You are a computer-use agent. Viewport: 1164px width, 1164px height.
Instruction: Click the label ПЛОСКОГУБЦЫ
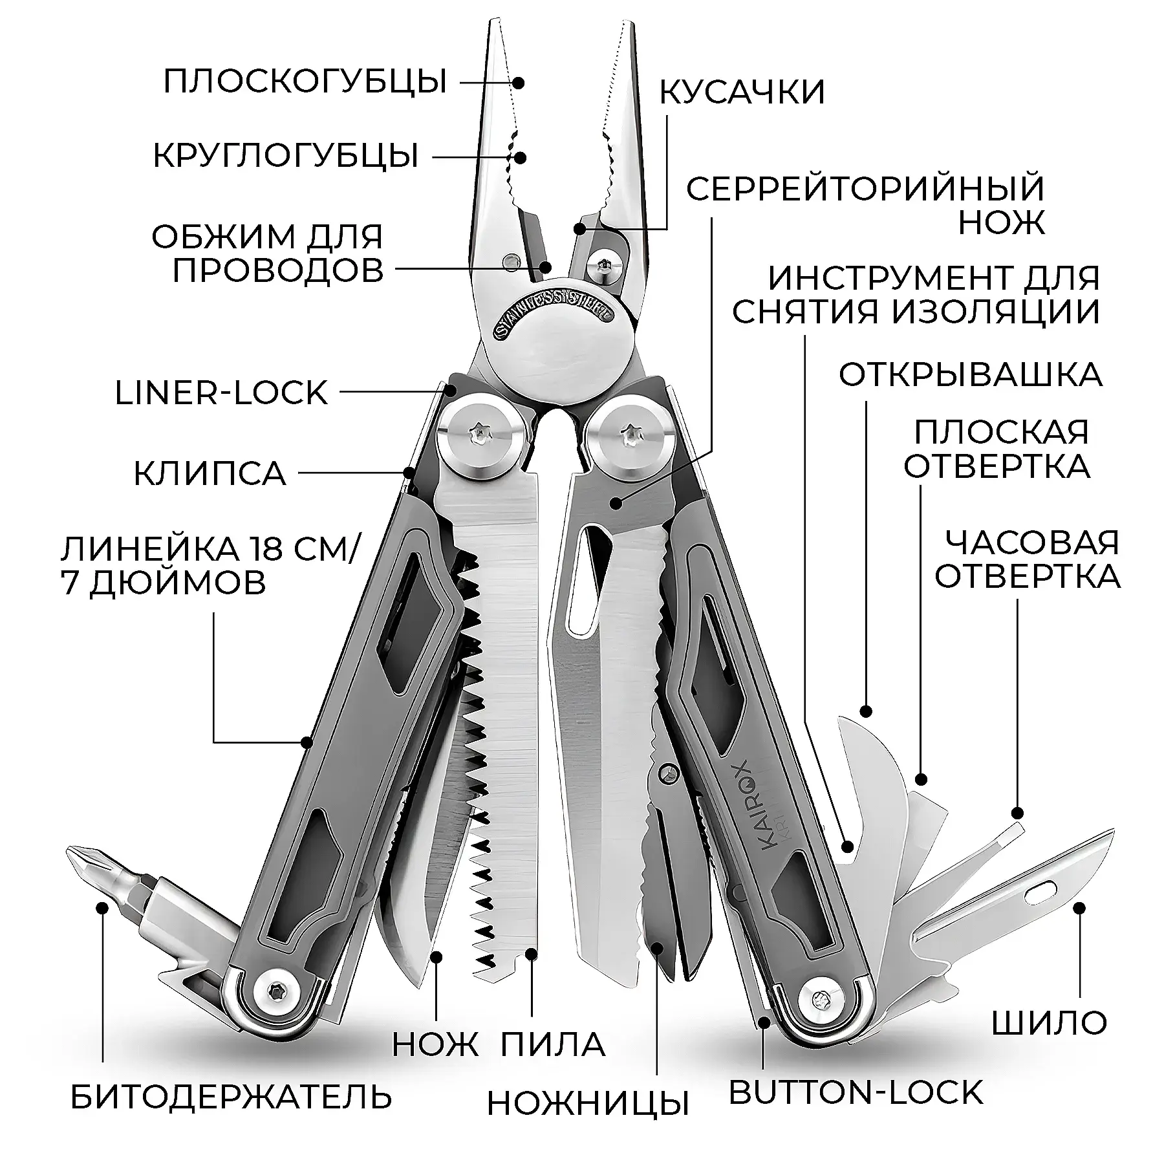pos(305,82)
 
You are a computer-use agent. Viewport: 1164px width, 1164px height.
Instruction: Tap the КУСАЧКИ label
pos(742,92)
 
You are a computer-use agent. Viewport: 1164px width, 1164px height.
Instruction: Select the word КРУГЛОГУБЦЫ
pos(286,156)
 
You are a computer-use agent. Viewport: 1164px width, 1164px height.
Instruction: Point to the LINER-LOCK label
pos(221,393)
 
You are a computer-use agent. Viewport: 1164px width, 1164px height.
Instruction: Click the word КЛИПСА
pos(210,473)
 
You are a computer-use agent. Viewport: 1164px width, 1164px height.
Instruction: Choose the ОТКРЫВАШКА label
pos(971,374)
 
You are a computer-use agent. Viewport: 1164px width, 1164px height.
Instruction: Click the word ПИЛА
pos(554,1044)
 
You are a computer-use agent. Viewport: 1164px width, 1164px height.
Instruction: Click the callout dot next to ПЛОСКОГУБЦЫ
pos(519,83)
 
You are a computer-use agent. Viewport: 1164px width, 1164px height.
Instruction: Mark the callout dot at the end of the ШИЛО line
pos(1079,909)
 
